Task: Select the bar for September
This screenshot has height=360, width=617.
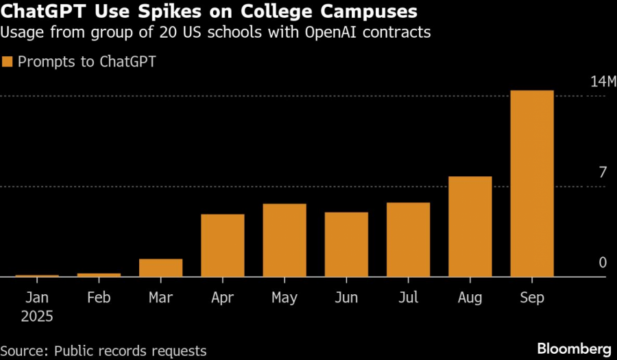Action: [x=532, y=184]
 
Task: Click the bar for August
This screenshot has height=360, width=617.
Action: [x=470, y=227]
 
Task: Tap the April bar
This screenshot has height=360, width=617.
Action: [x=223, y=245]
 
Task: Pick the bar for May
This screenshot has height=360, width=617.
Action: [x=285, y=241]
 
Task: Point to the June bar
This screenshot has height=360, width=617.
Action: [x=346, y=245]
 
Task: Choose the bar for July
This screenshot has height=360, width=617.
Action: [x=409, y=240]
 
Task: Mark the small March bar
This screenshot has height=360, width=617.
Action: [x=161, y=268]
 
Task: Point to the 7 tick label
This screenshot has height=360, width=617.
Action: [x=603, y=173]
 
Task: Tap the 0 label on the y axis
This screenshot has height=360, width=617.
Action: [x=603, y=263]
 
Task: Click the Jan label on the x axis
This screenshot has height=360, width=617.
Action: [x=37, y=298]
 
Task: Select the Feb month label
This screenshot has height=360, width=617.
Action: [x=99, y=298]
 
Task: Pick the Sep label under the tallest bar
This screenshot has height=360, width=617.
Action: [x=532, y=298]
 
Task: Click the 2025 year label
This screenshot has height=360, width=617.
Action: [x=37, y=317]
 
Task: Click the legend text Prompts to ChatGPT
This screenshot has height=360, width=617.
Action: [x=87, y=62]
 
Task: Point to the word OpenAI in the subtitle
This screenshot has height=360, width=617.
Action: [x=334, y=32]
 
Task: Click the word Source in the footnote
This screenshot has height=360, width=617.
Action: [x=23, y=351]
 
